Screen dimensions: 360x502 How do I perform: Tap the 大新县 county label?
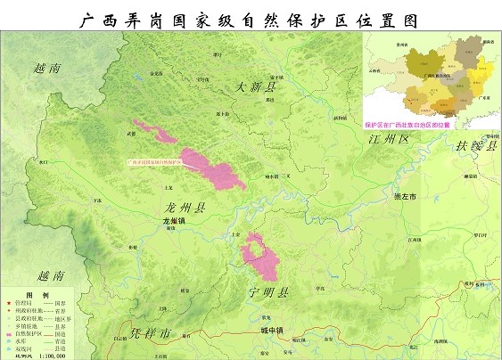257,87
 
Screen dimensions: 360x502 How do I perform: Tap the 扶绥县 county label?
476,146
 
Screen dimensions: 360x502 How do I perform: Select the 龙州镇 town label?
178,220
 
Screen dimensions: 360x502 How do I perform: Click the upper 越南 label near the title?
45,68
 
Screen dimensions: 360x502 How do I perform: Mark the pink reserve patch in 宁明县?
262,256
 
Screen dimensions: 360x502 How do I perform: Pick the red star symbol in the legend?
8,303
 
